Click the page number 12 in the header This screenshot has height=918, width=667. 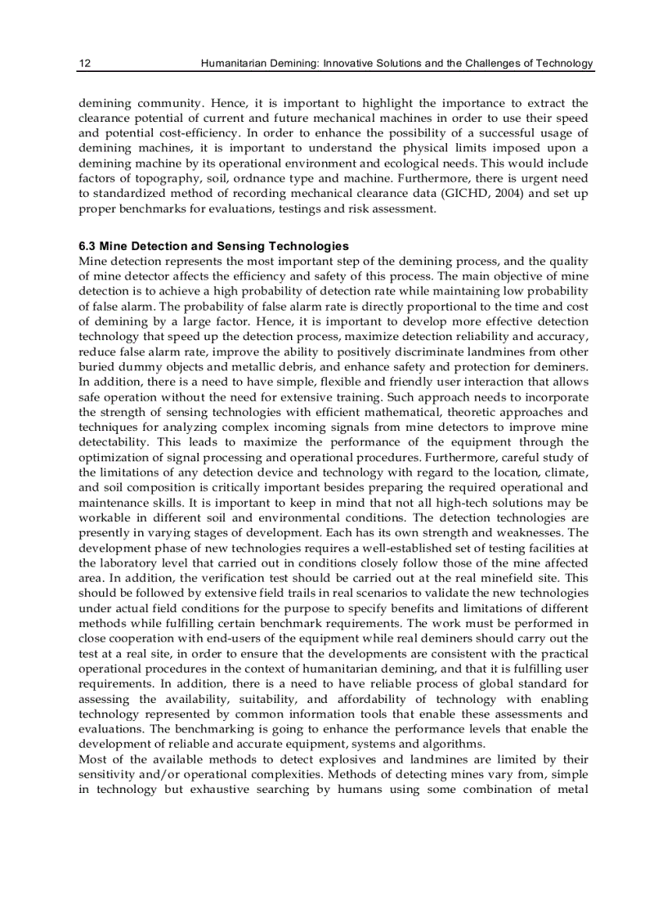point(84,64)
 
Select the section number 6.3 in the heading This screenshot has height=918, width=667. point(87,246)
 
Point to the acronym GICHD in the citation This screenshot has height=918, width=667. point(469,194)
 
